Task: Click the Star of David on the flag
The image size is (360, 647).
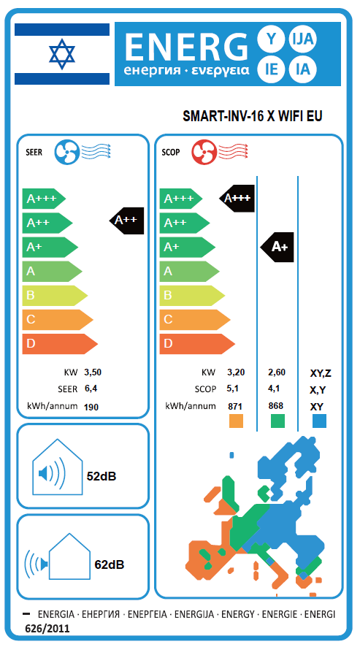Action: [x=62, y=54]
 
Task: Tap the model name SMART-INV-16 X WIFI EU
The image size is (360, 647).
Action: [x=252, y=116]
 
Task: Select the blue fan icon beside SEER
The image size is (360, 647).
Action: [x=66, y=151]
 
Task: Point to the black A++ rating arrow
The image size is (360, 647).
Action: [x=127, y=221]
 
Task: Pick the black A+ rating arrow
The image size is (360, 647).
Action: [x=277, y=247]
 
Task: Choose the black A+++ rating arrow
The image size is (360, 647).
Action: [x=237, y=199]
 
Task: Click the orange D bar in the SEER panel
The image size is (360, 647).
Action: [x=60, y=344]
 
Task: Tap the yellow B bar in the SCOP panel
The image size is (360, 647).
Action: [x=192, y=296]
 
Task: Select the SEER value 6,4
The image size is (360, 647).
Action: [x=91, y=388]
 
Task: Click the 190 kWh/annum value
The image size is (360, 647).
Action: [x=91, y=407]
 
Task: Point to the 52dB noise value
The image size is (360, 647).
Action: [x=102, y=476]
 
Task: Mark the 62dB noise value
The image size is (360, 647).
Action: [x=110, y=564]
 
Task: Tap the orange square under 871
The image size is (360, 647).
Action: [x=236, y=421]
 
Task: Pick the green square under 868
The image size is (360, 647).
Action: [x=277, y=421]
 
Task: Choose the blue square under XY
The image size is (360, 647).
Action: [x=319, y=421]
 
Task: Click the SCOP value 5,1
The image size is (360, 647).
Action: [x=233, y=388]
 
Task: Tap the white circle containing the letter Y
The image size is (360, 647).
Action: [x=271, y=39]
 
